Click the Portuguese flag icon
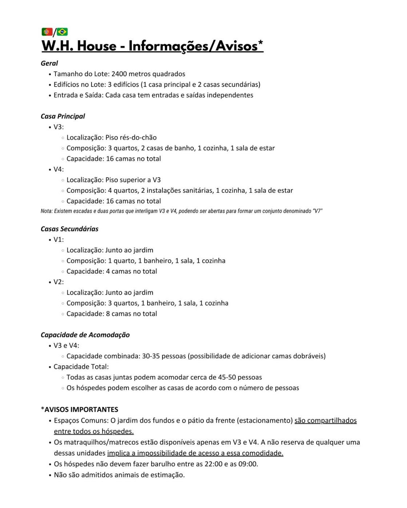[x=47, y=32]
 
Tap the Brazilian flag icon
[x=62, y=32]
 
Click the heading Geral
[x=49, y=63]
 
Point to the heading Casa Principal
[x=63, y=116]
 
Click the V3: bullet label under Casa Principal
[x=59, y=127]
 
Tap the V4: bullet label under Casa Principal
[x=59, y=169]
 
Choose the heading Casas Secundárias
[x=69, y=229]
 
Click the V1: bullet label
[x=59, y=239]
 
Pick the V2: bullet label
[x=59, y=282]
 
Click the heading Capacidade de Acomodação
[x=85, y=335]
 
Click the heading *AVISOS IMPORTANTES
[x=79, y=410]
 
